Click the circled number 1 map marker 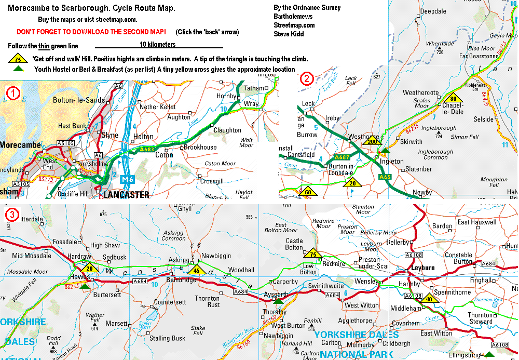coord(12,94)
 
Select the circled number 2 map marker coord(307,79)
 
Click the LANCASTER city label coord(126,195)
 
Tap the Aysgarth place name coord(275,294)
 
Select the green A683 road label coord(147,150)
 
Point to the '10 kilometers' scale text coord(158,45)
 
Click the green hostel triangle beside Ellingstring coord(488,355)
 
